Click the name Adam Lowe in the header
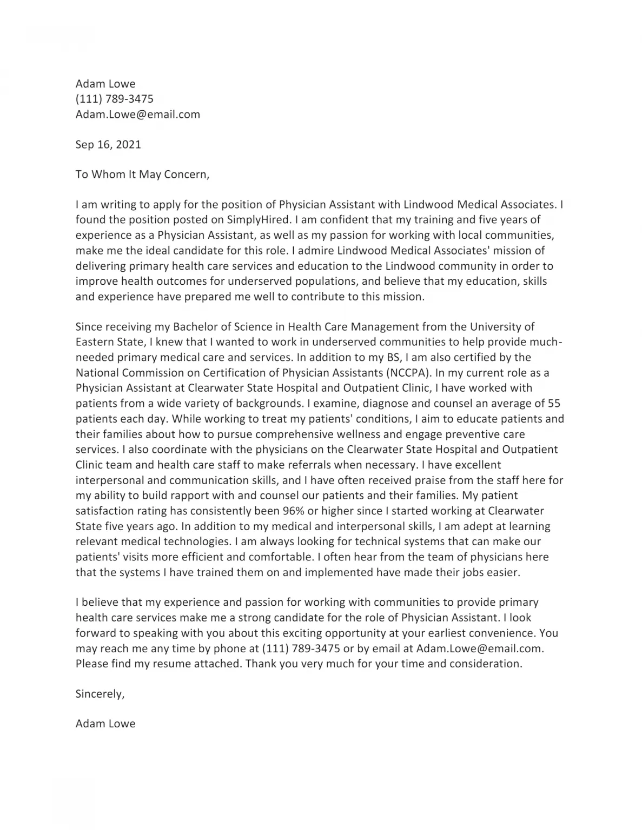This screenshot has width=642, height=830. (105, 84)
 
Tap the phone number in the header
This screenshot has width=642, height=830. (114, 99)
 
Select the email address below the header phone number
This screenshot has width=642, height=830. (137, 114)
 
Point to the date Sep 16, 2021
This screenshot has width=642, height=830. (108, 144)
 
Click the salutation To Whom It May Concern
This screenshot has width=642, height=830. (142, 175)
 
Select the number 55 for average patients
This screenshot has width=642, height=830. (554, 403)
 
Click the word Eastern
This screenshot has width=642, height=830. (95, 342)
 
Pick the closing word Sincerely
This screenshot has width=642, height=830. (100, 694)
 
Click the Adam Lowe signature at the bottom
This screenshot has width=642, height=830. (105, 724)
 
